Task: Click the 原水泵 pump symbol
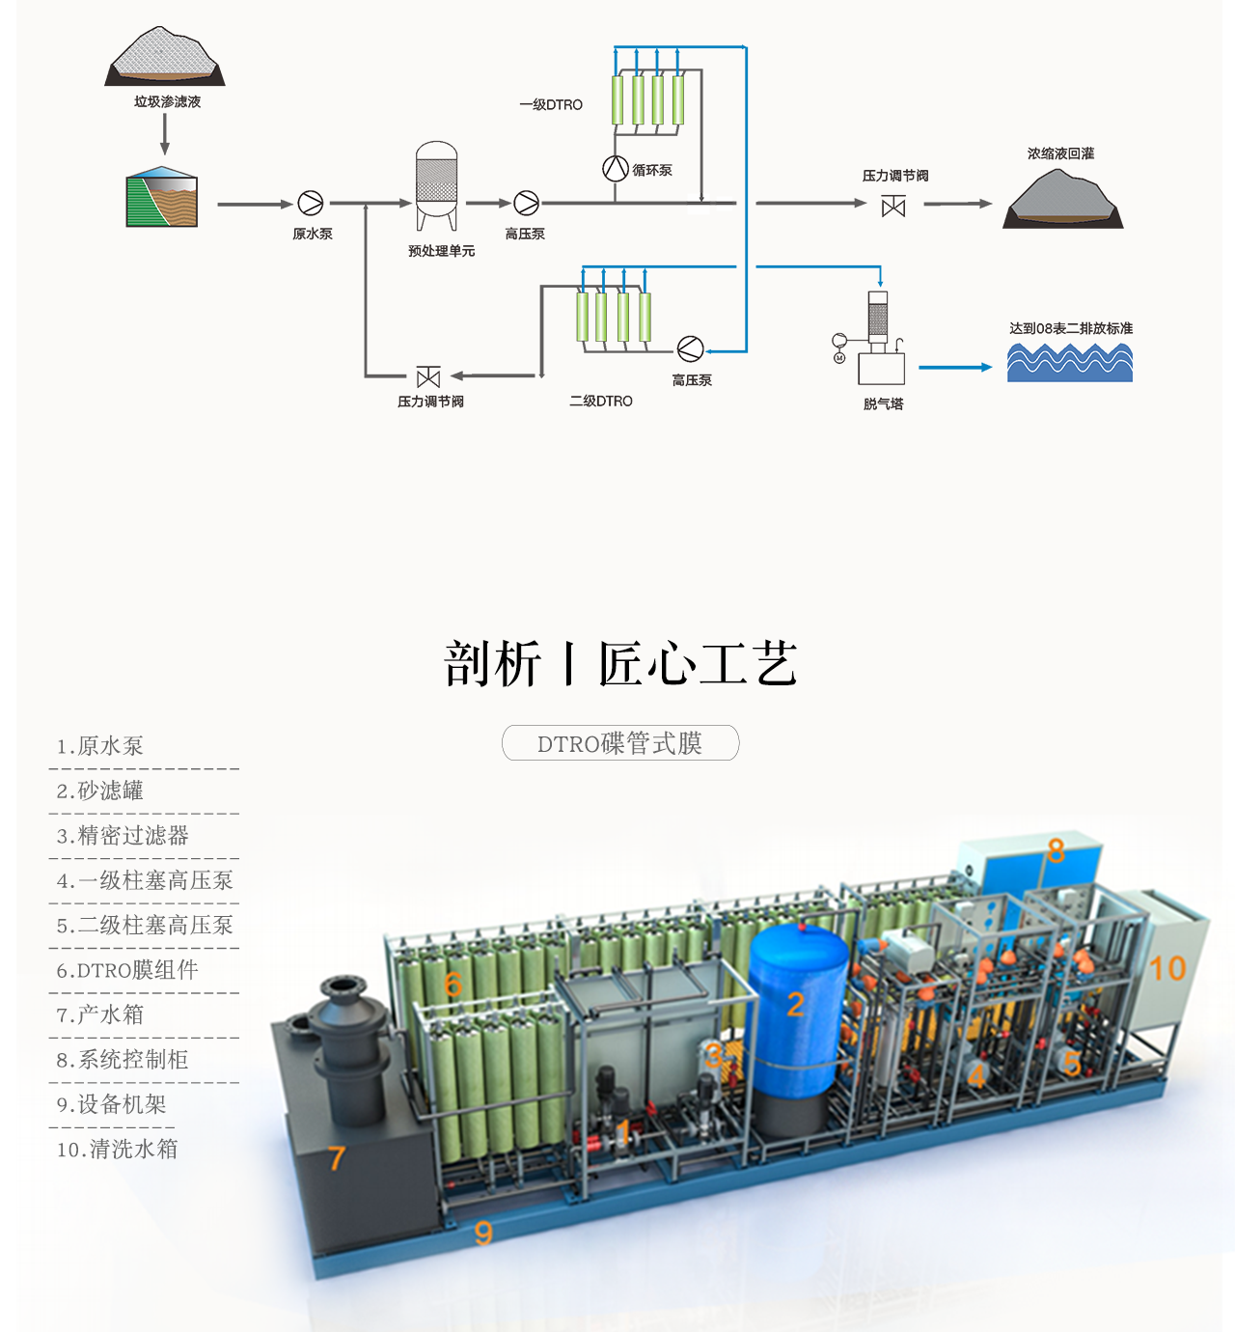(311, 203)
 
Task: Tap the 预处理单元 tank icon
(436, 183)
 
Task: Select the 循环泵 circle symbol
(616, 168)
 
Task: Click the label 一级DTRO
(551, 104)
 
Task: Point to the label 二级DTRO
(601, 401)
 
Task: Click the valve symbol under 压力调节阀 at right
(893, 206)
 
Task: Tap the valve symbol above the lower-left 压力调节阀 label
(428, 376)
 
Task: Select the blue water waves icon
(1069, 363)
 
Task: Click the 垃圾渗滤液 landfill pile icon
(165, 58)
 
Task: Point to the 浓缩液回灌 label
(1060, 153)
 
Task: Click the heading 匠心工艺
(698, 664)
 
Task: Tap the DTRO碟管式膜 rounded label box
(620, 743)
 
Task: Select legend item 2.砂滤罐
(100, 791)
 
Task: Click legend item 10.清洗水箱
(118, 1150)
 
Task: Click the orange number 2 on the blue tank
(795, 1005)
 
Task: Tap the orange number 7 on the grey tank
(336, 1157)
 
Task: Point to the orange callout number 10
(1166, 968)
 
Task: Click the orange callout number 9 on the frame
(483, 1232)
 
